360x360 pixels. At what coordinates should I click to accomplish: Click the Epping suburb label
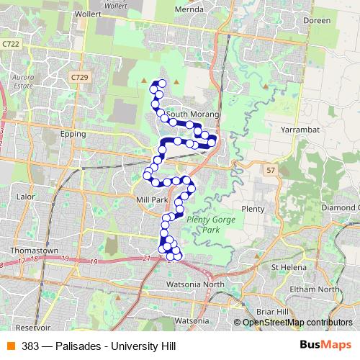click(73, 134)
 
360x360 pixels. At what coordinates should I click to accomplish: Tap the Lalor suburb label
click(25, 196)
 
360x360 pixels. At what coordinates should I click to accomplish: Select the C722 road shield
click(11, 44)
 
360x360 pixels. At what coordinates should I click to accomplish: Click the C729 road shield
click(79, 76)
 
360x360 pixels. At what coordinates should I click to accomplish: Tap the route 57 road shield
click(270, 170)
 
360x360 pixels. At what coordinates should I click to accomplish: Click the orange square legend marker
click(11, 346)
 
